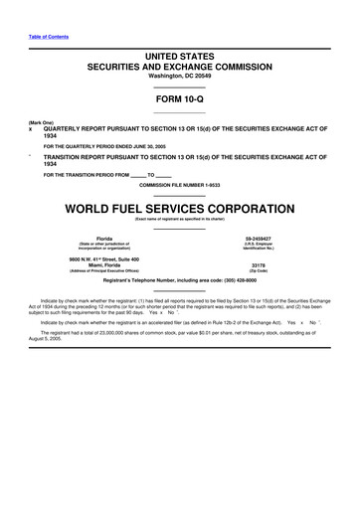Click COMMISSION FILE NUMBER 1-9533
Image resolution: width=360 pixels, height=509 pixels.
(180, 186)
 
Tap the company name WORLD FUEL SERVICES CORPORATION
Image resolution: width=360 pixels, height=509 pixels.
(180, 209)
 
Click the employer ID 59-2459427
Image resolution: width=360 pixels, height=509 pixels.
(258, 239)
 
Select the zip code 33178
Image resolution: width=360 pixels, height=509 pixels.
(258, 264)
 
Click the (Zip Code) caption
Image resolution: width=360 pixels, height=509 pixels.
(258, 271)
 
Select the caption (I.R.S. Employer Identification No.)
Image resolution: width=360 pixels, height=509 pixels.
(258, 248)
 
